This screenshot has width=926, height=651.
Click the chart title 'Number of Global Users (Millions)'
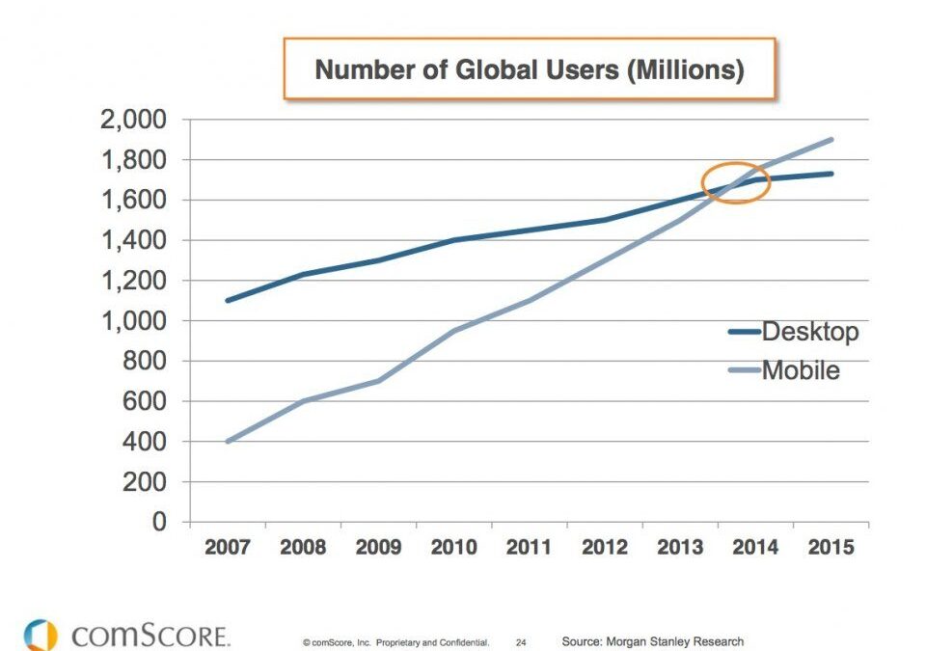click(x=530, y=69)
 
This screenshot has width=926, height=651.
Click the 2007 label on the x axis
click(x=227, y=548)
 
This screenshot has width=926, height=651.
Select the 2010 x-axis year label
click(x=453, y=548)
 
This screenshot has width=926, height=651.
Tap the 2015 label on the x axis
click(x=831, y=548)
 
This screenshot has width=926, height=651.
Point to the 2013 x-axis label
click(x=680, y=548)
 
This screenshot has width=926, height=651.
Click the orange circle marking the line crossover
click(x=735, y=182)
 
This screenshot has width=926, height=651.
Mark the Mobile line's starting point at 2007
click(x=227, y=442)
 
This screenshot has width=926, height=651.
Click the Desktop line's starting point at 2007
click(x=227, y=301)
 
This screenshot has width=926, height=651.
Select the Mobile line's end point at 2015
click(x=831, y=140)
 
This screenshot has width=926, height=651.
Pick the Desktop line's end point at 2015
click(x=831, y=174)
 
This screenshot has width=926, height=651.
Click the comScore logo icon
click(x=40, y=635)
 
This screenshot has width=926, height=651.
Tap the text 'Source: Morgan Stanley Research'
click(x=652, y=641)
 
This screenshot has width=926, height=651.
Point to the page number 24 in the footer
click(x=521, y=642)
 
